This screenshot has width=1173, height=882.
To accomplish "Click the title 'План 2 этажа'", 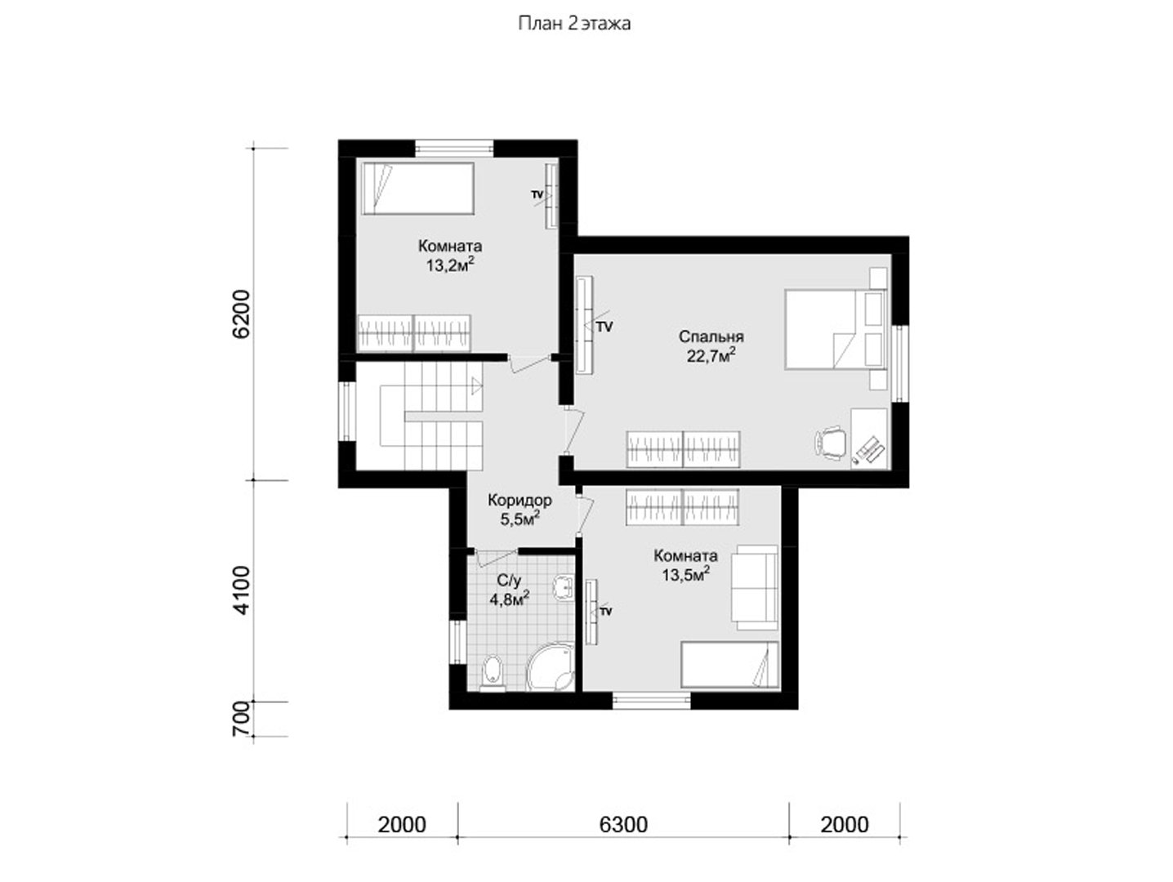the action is [574, 24].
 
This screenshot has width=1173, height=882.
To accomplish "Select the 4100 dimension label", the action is [242, 590].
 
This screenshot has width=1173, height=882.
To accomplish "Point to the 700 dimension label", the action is [242, 719].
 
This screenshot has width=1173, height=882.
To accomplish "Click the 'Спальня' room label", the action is [711, 336].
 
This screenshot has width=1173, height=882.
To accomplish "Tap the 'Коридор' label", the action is [520, 501].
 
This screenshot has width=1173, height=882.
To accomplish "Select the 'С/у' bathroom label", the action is [508, 581].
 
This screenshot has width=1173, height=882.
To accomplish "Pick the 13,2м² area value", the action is [451, 265].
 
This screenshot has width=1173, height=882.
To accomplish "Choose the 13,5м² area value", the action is [686, 575].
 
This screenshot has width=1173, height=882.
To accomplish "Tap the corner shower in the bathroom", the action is [551, 668].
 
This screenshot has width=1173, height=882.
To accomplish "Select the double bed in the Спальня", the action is [836, 330].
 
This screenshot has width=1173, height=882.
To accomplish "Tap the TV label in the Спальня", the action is [604, 327].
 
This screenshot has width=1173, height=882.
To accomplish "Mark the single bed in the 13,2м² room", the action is [418, 189].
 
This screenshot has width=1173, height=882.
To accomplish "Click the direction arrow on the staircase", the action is [477, 385].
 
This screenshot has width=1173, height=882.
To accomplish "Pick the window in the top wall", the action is [454, 148].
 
